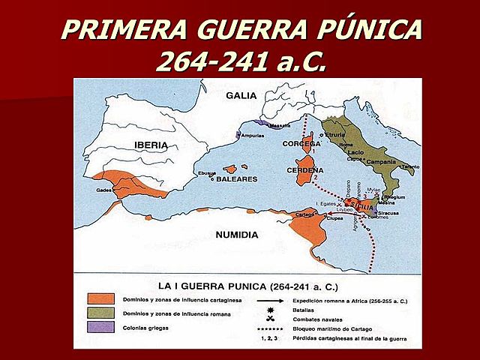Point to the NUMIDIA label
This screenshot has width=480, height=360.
[236, 235]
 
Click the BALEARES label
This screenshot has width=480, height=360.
[238, 179]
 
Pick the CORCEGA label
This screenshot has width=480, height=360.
[301, 143]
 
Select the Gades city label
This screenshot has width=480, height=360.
[104, 190]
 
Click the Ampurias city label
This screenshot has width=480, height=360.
[252, 136]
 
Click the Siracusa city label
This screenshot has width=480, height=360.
[388, 212]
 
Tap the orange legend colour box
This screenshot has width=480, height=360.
[100, 298]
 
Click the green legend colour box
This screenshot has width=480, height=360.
[100, 312]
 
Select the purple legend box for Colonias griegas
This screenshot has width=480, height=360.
[100, 327]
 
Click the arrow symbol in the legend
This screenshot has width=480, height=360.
[267, 298]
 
